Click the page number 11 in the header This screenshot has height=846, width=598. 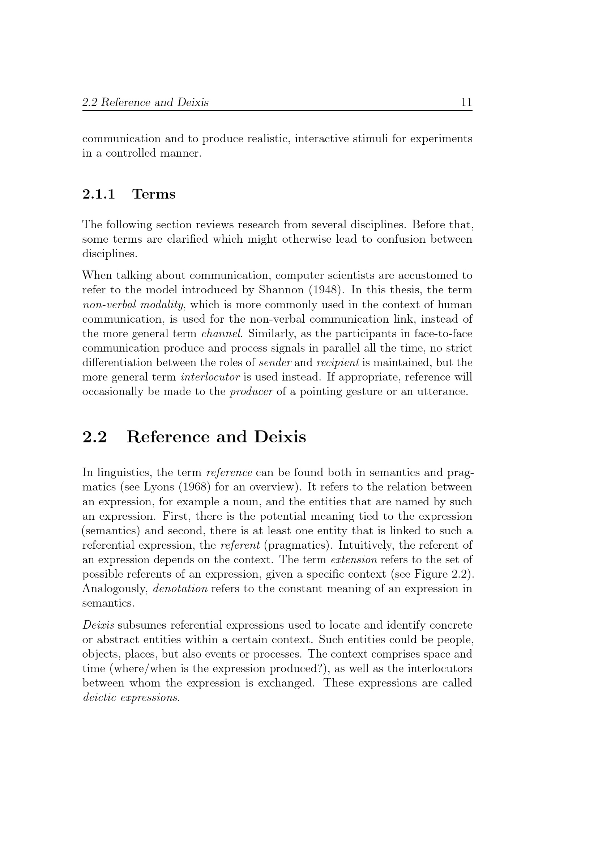click(x=466, y=102)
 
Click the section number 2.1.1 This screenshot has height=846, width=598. click(x=98, y=194)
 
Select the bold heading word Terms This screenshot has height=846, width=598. click(x=154, y=194)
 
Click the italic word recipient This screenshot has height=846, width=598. click(x=338, y=363)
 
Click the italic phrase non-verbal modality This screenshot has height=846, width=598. click(x=133, y=305)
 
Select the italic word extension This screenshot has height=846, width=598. click(x=354, y=560)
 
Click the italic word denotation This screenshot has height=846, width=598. click(x=180, y=589)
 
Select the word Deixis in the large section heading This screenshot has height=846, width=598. click(x=279, y=437)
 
